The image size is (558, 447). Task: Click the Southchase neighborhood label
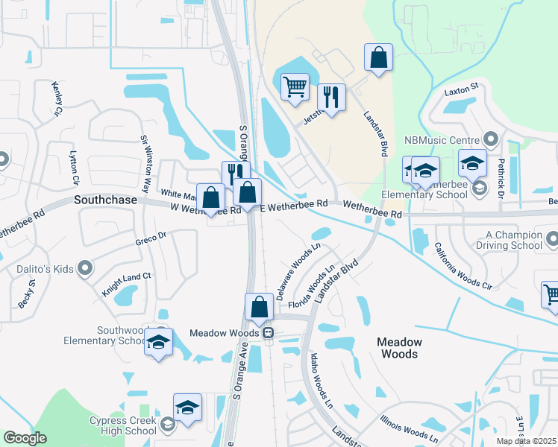(105, 200)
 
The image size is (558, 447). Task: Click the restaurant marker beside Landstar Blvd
(331, 98)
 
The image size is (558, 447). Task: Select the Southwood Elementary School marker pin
(159, 343)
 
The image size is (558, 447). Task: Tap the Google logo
(25, 438)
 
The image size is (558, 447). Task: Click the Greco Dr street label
(150, 238)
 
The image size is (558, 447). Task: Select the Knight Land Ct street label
(127, 285)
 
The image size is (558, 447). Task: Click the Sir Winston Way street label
(146, 165)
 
